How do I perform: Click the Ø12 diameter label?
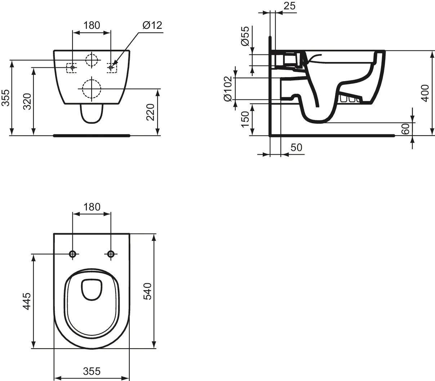(x=152, y=25)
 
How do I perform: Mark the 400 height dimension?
(x=425, y=93)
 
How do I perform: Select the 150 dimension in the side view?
(x=245, y=119)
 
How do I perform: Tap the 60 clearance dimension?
(x=405, y=129)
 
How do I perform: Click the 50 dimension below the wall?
(x=296, y=147)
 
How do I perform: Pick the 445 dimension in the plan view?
(x=27, y=301)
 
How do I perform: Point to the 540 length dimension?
(x=147, y=291)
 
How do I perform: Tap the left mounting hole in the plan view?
(x=73, y=254)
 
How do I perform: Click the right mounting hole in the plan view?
(x=111, y=254)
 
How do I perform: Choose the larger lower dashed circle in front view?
(x=92, y=88)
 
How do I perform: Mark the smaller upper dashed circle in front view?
(x=92, y=59)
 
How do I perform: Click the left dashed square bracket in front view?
(x=72, y=67)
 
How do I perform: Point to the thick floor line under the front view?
(x=92, y=136)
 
